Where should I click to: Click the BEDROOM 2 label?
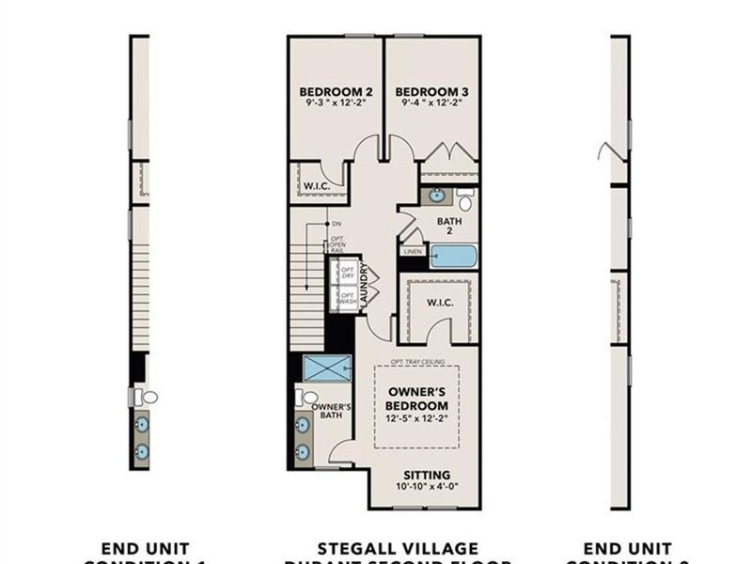click(x=337, y=91)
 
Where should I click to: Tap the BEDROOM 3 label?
click(x=432, y=91)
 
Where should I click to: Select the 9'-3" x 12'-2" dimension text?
click(x=337, y=103)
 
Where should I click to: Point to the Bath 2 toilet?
click(x=464, y=200)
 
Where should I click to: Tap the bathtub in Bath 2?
click(x=453, y=256)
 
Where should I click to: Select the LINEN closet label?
click(x=412, y=252)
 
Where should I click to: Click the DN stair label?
click(x=336, y=224)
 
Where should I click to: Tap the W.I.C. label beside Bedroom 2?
click(x=316, y=185)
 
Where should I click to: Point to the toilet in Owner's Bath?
click(x=305, y=398)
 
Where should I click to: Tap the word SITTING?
click(x=426, y=475)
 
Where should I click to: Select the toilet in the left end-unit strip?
click(x=148, y=397)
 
